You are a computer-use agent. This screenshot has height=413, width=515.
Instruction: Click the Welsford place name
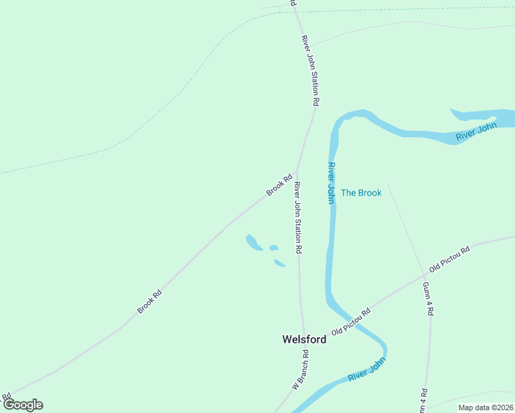pyautogui.click(x=304, y=339)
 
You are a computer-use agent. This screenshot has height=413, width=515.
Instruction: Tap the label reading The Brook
pyautogui.click(x=361, y=193)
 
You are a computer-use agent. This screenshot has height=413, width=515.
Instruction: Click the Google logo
pyautogui.click(x=22, y=405)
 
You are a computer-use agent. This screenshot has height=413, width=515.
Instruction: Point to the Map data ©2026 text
pyautogui.click(x=485, y=407)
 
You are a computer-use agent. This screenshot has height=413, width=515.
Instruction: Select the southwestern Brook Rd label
pyautogui.click(x=149, y=301)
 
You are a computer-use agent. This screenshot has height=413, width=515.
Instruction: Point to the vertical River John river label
pyautogui.click(x=331, y=183)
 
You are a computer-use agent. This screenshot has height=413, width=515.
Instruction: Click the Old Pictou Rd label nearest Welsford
pyautogui.click(x=351, y=321)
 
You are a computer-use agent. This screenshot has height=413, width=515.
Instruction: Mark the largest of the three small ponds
pyautogui.click(x=253, y=242)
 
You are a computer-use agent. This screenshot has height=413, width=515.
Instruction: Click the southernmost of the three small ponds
pyautogui.click(x=280, y=263)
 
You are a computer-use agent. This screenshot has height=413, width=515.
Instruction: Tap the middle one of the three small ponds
pyautogui.click(x=274, y=248)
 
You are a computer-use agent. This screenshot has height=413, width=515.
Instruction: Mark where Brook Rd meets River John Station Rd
pyautogui.click(x=296, y=172)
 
